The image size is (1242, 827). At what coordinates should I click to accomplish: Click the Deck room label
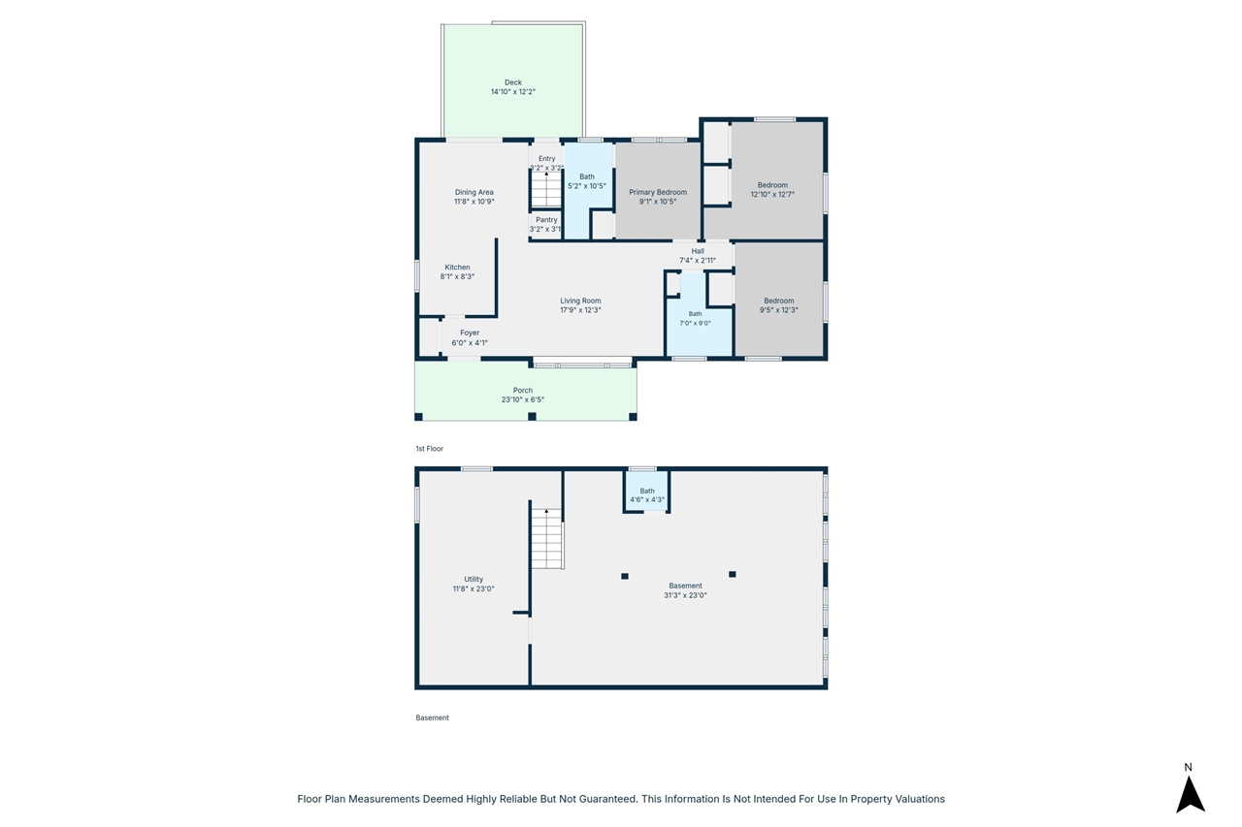(x=513, y=82)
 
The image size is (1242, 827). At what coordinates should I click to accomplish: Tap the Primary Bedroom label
(x=658, y=192)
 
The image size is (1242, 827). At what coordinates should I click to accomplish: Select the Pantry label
(x=546, y=220)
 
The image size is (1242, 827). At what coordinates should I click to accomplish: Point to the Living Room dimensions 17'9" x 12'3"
(x=580, y=310)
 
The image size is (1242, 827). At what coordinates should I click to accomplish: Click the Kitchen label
(x=457, y=267)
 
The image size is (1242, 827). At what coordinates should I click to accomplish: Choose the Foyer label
(x=470, y=333)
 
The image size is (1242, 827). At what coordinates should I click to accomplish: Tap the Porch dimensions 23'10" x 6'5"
(x=523, y=400)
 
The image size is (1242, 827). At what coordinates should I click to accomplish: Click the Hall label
(x=698, y=251)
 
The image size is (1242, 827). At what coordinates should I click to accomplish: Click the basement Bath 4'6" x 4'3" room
(x=646, y=492)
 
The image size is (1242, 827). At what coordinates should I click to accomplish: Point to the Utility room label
(x=474, y=580)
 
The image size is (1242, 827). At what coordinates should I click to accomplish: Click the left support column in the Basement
(x=625, y=577)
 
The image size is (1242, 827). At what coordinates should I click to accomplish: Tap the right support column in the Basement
(x=733, y=574)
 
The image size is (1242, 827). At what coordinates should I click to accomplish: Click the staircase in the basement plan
(x=547, y=538)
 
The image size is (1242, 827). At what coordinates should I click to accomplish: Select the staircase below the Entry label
(x=546, y=189)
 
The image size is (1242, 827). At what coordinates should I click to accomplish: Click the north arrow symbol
(x=1191, y=794)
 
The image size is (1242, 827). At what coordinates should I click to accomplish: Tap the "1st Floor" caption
(x=430, y=449)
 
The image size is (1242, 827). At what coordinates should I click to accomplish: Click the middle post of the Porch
(x=533, y=417)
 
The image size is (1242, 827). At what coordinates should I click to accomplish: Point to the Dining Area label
(x=474, y=192)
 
